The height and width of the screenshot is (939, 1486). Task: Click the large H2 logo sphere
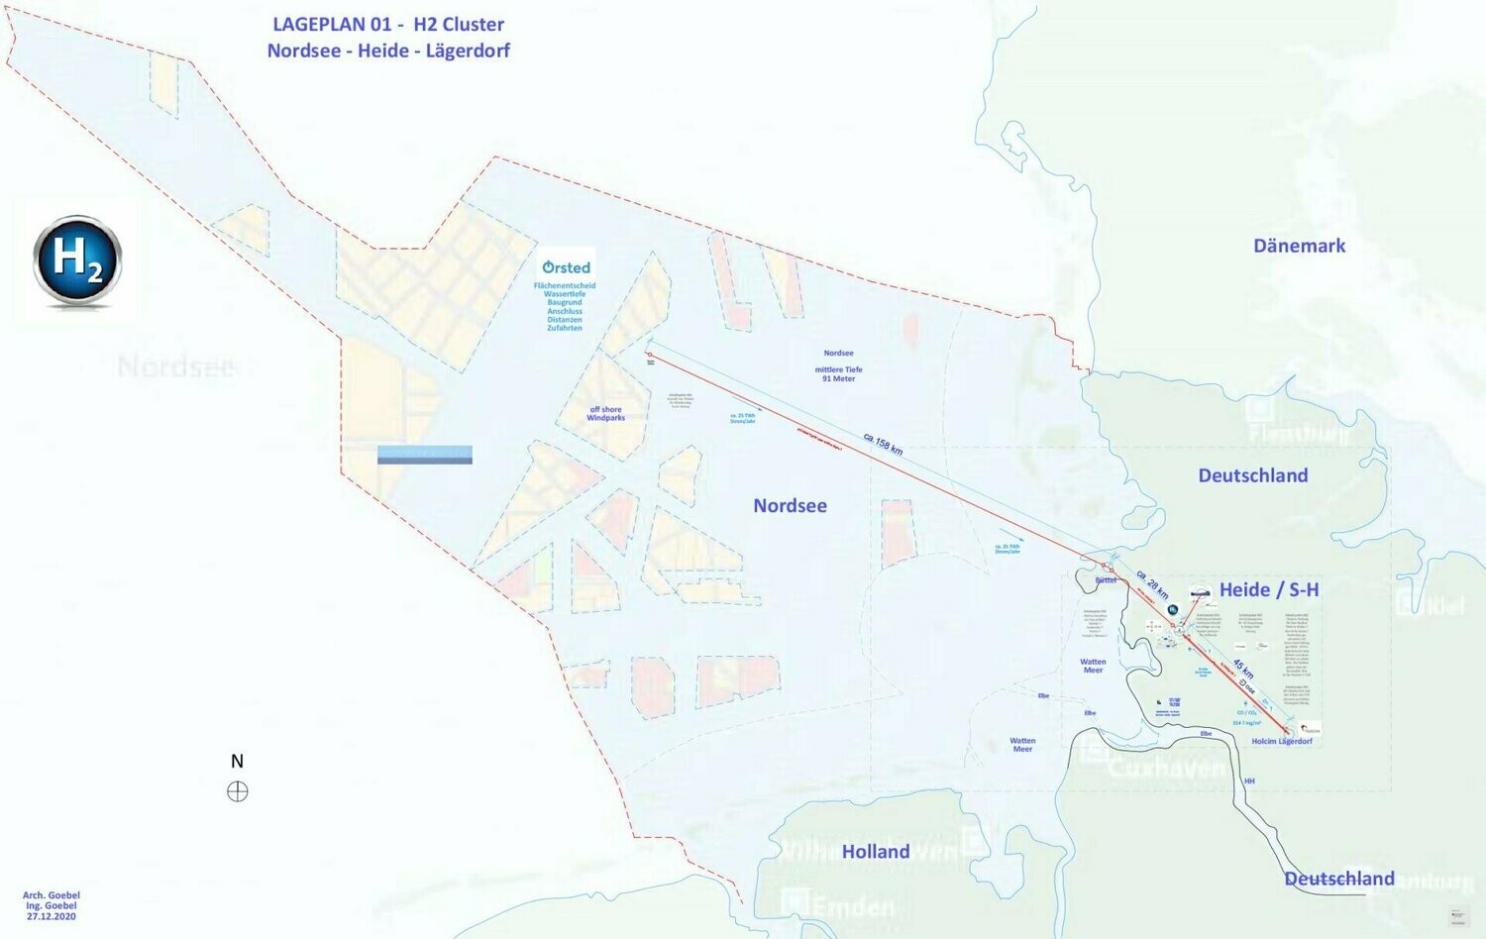[x=77, y=261]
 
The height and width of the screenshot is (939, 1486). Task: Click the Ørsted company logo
[x=566, y=267]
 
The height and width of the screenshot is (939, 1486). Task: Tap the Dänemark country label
[x=1299, y=246]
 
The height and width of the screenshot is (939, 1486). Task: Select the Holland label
[x=876, y=852]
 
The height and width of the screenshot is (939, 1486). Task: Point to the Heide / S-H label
[x=1269, y=590]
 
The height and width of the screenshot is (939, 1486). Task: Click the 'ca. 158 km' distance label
[x=883, y=444]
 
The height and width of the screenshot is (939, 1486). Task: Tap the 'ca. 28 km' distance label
[x=1152, y=584]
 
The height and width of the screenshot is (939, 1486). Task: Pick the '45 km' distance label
[x=1243, y=670]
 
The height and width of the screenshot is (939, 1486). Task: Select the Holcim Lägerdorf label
[x=1281, y=742]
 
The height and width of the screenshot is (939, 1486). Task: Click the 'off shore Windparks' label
[x=605, y=414]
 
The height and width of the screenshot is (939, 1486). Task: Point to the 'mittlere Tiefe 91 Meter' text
[x=838, y=374]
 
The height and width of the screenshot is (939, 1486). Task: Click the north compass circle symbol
[x=238, y=791]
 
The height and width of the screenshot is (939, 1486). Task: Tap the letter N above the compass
[x=237, y=762]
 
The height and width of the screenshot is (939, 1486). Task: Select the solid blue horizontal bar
[x=425, y=455]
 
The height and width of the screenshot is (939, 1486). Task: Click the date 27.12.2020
[x=52, y=917]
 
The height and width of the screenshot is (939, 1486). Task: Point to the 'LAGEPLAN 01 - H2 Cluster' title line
[x=388, y=25]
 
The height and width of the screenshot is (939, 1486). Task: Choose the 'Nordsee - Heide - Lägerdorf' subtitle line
[x=388, y=51]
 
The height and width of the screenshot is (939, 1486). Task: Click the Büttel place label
[x=1106, y=580]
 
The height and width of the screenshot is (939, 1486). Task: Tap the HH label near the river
[x=1249, y=782]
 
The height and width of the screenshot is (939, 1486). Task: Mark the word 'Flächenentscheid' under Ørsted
[x=565, y=286]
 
